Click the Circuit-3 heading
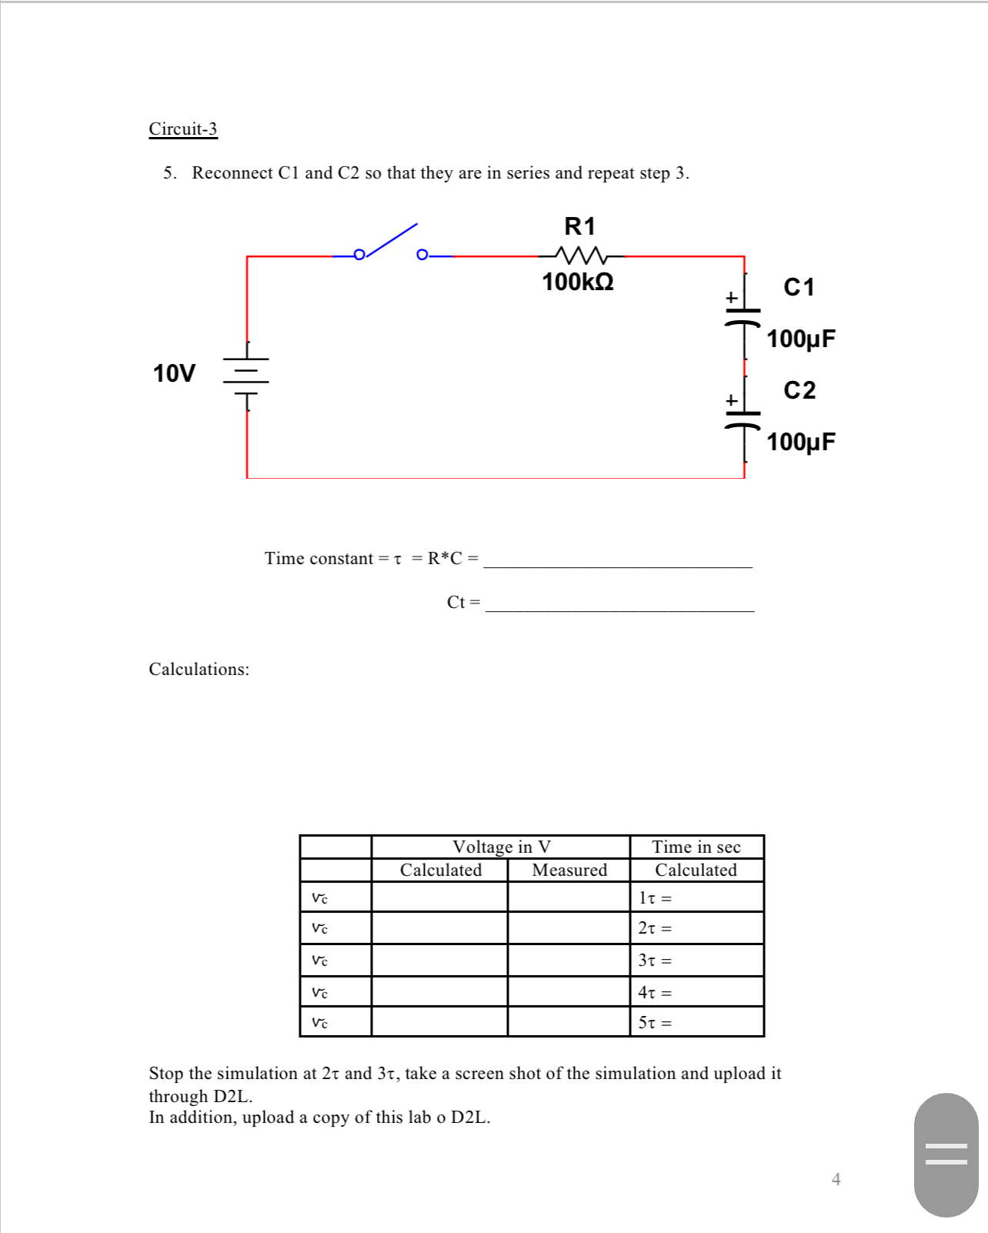tap(183, 129)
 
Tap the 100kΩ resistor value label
tap(578, 282)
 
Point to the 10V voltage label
tap(174, 373)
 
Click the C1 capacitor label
tap(799, 287)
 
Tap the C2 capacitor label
tap(799, 390)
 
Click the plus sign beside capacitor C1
tap(731, 297)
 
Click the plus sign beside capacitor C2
tap(731, 400)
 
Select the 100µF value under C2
tap(800, 442)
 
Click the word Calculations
tap(199, 669)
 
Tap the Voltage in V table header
tap(501, 847)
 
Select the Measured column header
tap(569, 870)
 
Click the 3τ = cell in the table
tap(696, 961)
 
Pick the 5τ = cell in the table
tap(696, 1022)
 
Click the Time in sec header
tap(696, 847)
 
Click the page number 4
tap(836, 1179)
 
